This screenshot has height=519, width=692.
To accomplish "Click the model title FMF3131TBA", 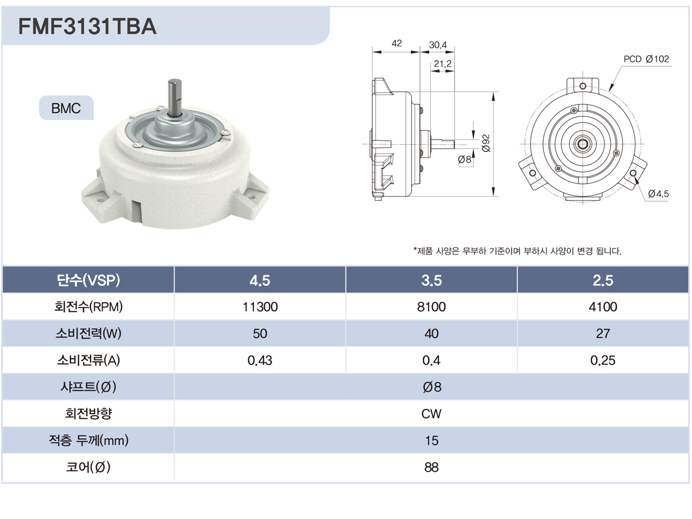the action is pyautogui.click(x=87, y=26).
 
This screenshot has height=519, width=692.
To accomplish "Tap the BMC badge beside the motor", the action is pyautogui.click(x=66, y=108).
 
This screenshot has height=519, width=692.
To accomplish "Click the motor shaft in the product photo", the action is pyautogui.click(x=174, y=98).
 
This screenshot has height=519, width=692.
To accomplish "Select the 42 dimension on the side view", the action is pyautogui.click(x=397, y=43).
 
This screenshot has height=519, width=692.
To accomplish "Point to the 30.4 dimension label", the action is pyautogui.click(x=438, y=45).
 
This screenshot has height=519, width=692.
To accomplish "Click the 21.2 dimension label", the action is pyautogui.click(x=443, y=64).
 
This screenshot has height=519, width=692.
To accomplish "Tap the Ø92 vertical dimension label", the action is pyautogui.click(x=486, y=143).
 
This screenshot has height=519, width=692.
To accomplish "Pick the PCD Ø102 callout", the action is pyautogui.click(x=646, y=59).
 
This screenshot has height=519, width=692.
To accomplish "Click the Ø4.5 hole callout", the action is pyautogui.click(x=659, y=194).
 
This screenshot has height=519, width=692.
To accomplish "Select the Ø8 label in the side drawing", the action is pyautogui.click(x=465, y=160).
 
